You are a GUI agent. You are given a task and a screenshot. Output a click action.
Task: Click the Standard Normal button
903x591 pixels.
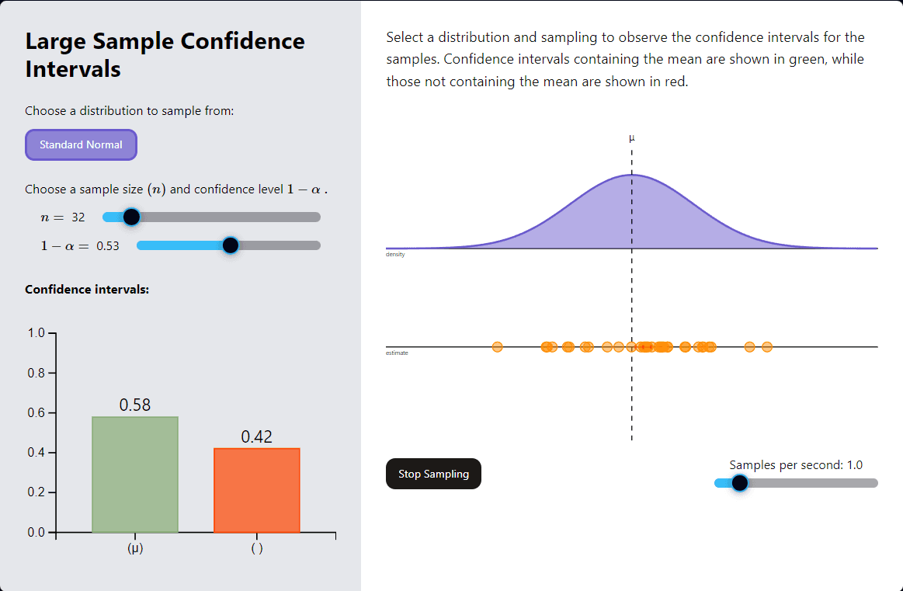(81, 145)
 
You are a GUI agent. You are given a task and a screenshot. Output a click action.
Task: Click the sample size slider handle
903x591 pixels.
(131, 217)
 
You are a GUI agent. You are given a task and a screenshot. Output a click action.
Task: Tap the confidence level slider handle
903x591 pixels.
(230, 245)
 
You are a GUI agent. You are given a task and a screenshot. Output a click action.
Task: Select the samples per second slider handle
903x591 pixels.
(739, 483)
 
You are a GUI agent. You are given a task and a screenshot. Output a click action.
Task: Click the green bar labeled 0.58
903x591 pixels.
(135, 475)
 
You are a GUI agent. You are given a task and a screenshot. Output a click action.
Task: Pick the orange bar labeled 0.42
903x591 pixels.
(257, 490)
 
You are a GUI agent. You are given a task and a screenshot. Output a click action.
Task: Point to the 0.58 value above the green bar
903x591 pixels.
(135, 405)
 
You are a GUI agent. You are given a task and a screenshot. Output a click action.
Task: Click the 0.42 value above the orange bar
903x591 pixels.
(257, 436)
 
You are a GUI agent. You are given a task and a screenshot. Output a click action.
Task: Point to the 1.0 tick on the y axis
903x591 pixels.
(36, 333)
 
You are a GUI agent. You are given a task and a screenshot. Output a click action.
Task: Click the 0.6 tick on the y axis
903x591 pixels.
(36, 413)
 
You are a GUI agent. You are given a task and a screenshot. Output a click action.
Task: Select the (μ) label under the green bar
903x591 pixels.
(135, 548)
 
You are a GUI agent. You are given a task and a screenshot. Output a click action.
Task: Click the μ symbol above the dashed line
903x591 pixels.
(631, 138)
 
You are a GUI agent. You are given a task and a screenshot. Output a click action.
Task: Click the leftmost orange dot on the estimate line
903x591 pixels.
(498, 346)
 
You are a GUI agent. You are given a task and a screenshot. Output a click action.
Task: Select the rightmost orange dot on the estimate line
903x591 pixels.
(767, 346)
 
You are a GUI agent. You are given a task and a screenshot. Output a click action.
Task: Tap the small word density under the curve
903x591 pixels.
(395, 255)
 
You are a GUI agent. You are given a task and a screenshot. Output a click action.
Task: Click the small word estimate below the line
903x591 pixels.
(397, 353)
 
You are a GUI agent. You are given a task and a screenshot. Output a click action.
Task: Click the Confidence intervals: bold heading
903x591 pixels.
(87, 289)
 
